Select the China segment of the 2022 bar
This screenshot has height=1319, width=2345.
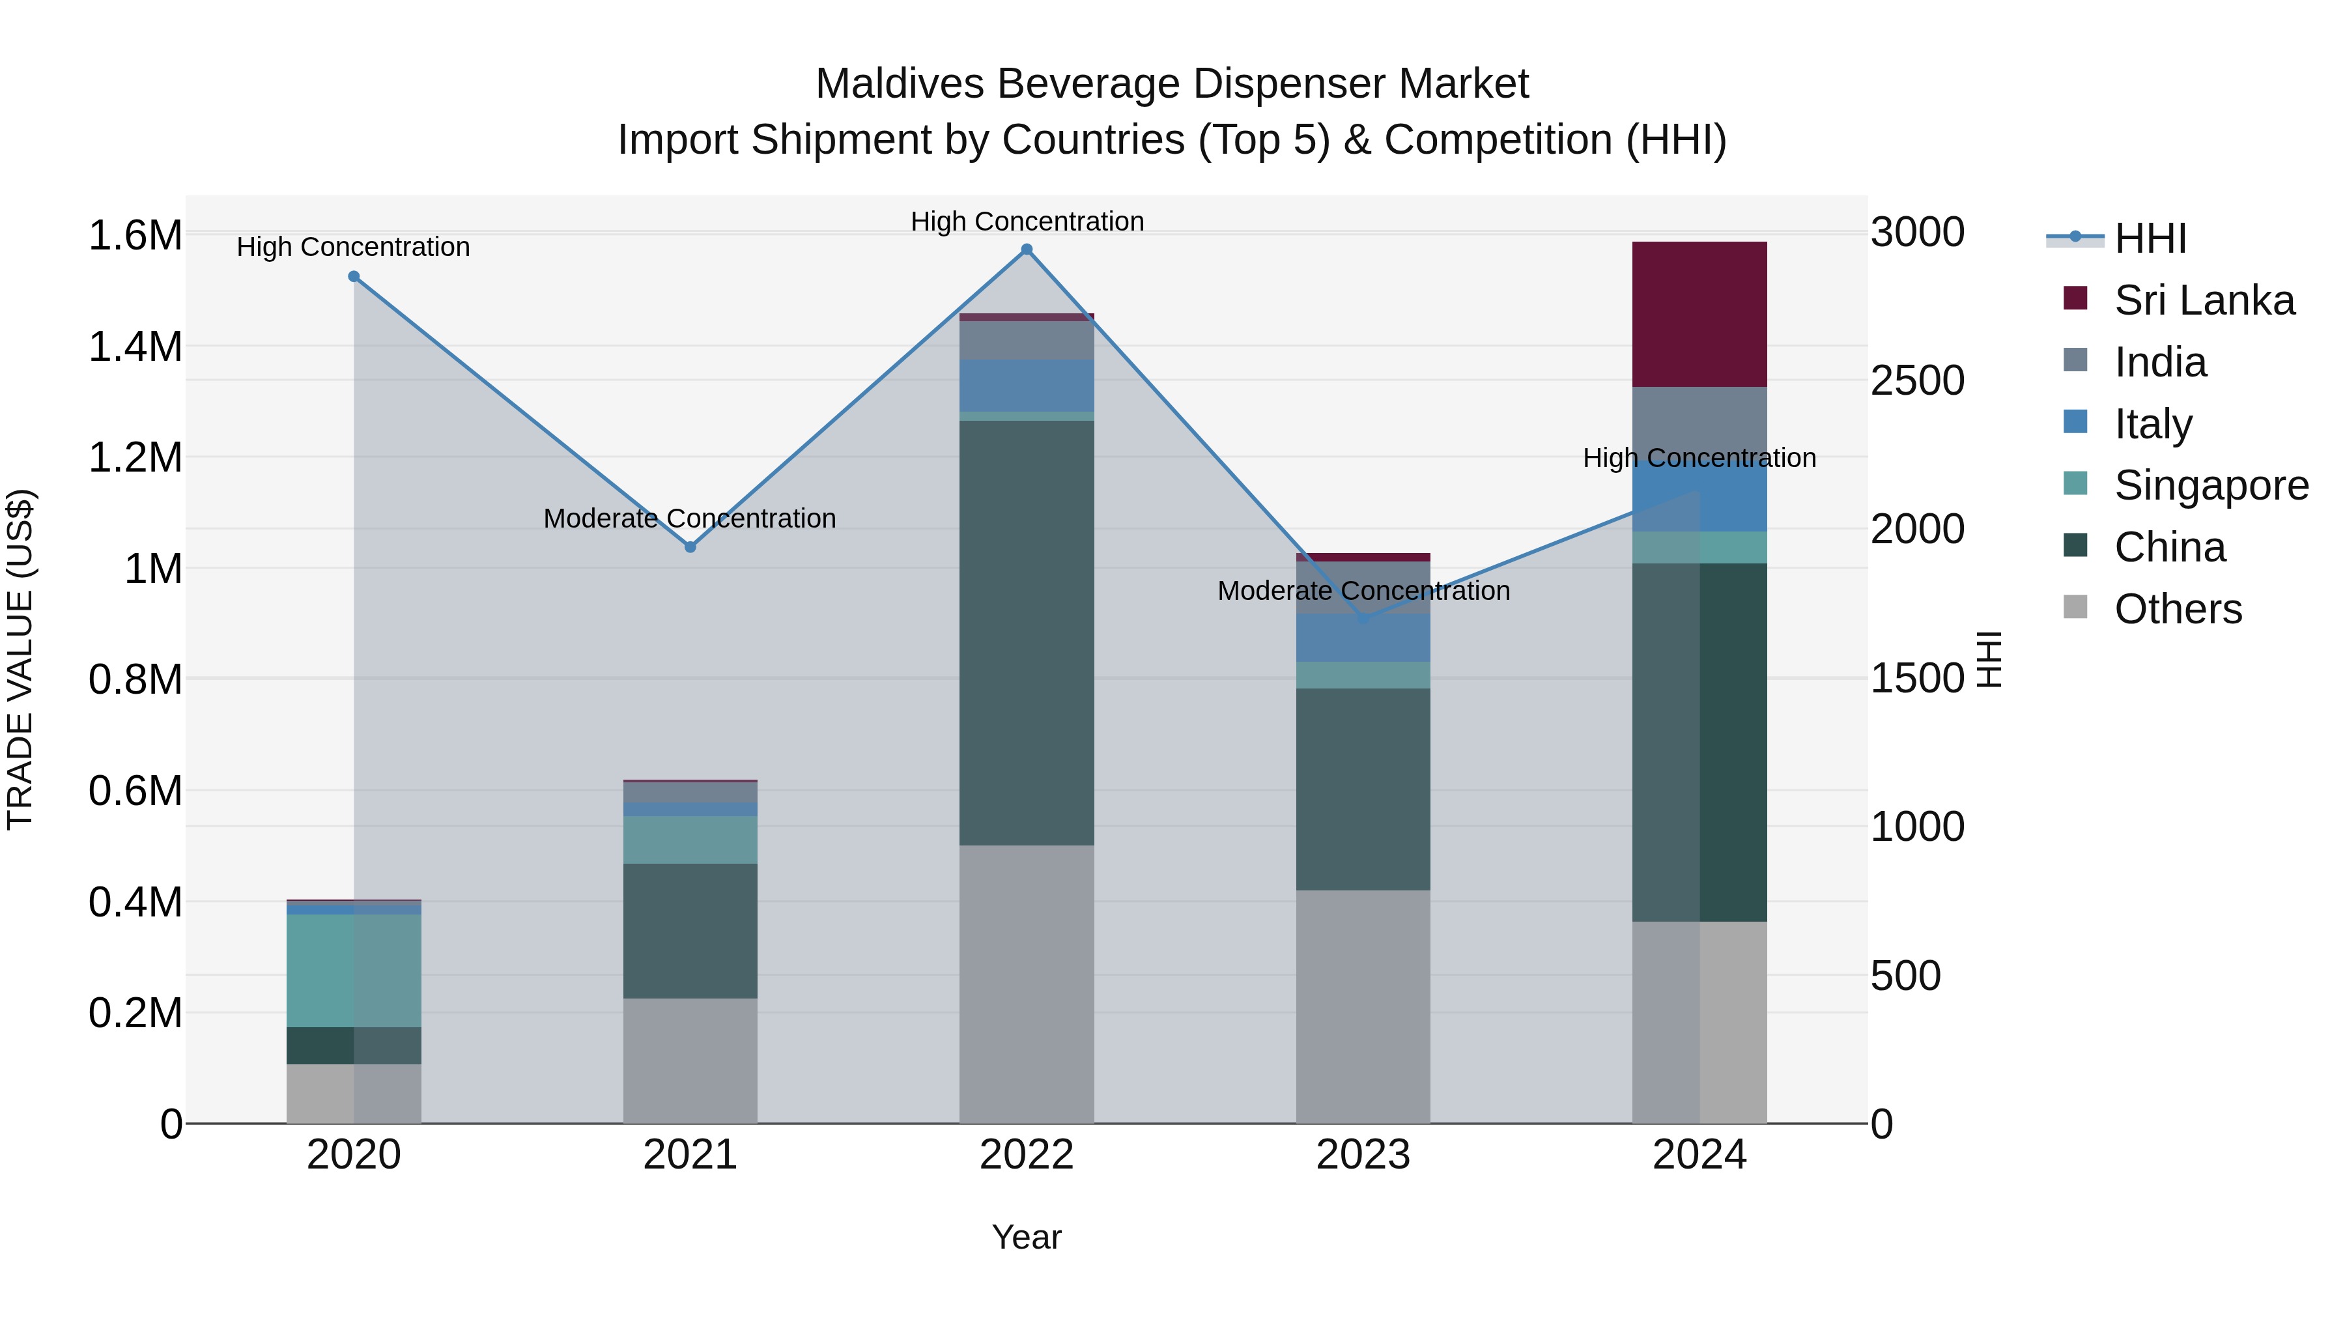[x=1026, y=632]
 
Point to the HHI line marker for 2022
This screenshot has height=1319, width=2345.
[x=1026, y=249]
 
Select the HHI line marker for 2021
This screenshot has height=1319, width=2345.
[x=690, y=547]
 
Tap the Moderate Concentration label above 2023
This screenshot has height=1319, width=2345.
[x=1363, y=591]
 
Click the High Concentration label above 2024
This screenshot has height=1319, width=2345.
[x=1699, y=458]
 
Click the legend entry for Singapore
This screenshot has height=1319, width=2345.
[x=2210, y=485]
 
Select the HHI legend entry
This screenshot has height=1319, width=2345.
[x=2150, y=238]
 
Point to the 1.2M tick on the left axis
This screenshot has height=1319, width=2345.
[x=135, y=458]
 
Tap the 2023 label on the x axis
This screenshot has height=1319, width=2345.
[x=1363, y=1155]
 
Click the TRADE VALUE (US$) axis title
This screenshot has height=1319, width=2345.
[x=21, y=659]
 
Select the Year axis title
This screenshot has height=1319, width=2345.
[x=1026, y=1237]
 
